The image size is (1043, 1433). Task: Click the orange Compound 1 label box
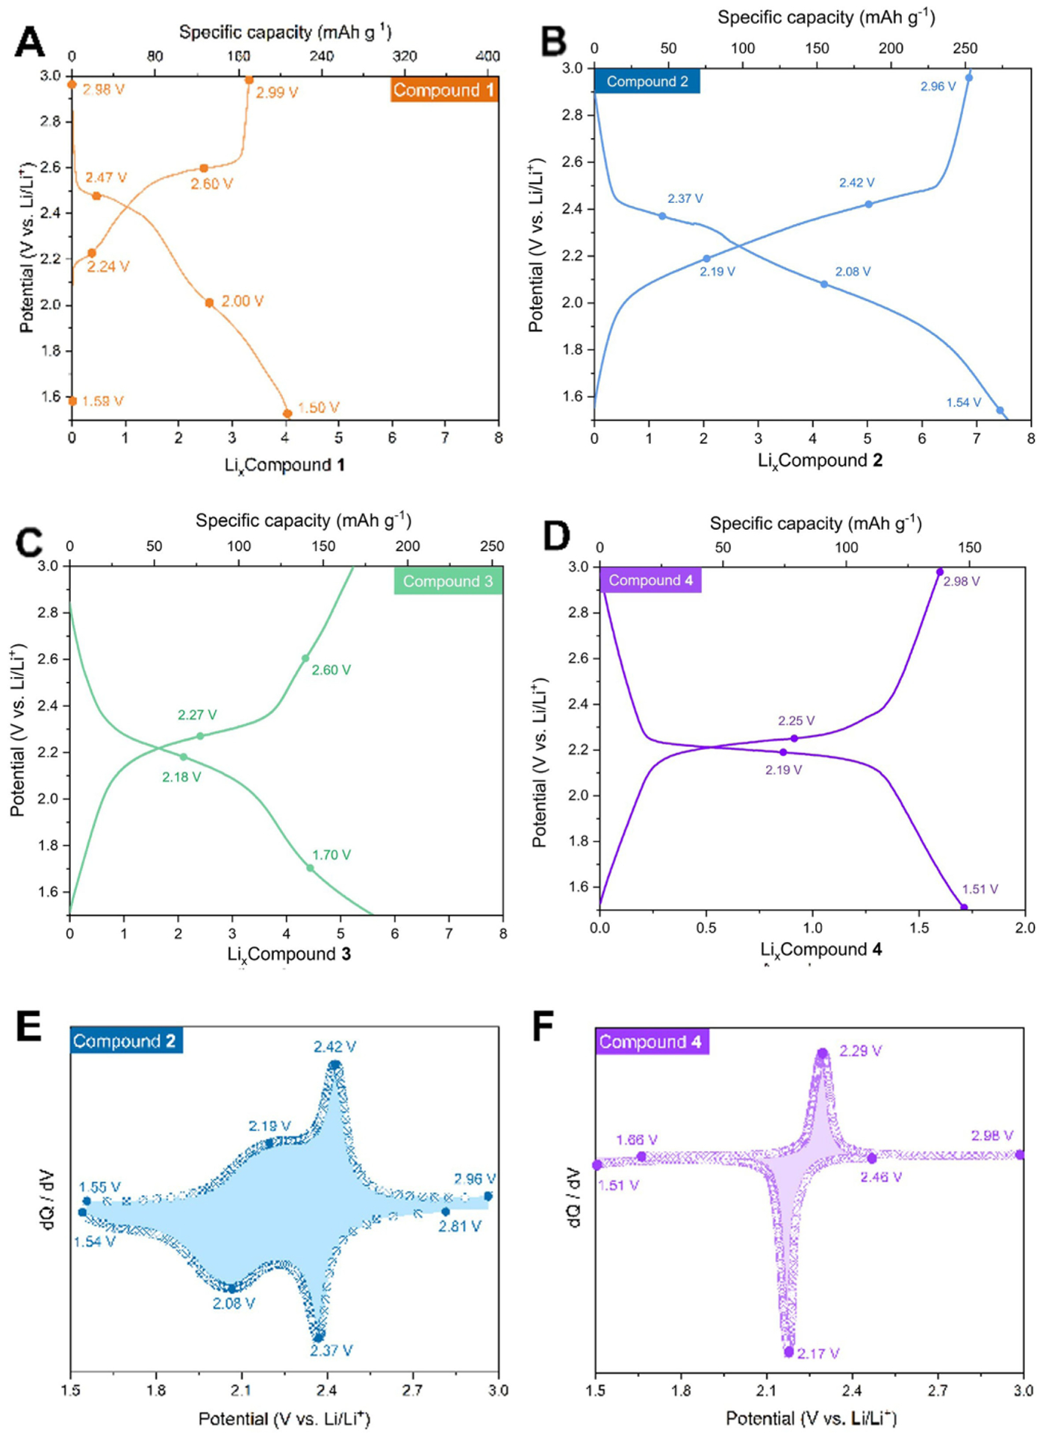click(443, 90)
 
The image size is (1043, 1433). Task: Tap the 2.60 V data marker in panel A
click(204, 169)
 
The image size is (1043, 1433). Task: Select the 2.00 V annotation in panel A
click(242, 302)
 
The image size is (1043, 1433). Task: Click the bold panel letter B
click(554, 41)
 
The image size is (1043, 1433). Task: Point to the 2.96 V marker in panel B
click(969, 78)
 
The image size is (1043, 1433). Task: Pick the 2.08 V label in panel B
click(853, 272)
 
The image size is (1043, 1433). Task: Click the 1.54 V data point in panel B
click(1000, 410)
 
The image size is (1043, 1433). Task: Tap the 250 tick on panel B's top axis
click(965, 49)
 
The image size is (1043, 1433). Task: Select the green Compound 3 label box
click(448, 581)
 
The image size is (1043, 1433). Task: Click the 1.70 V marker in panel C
click(310, 868)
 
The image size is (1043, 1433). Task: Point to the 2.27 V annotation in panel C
click(197, 715)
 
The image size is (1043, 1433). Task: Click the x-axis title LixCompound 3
click(289, 954)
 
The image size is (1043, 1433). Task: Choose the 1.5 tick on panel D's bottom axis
click(918, 928)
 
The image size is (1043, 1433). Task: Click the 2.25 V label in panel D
click(796, 721)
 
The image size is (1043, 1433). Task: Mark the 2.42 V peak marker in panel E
click(334, 1065)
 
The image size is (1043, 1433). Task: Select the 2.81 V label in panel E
click(459, 1226)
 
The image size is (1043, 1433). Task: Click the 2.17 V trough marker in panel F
click(789, 1352)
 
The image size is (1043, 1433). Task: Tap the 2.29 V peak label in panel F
click(860, 1051)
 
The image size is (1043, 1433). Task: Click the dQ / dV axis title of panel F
click(573, 1198)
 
